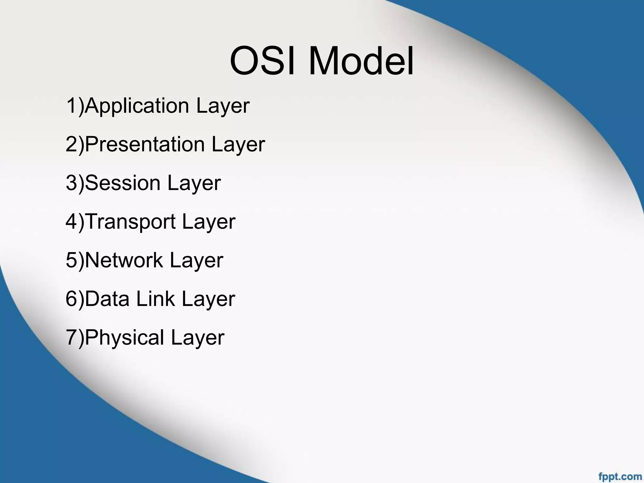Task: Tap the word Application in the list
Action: [x=137, y=106]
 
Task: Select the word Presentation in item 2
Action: [x=145, y=145]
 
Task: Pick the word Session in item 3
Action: [x=123, y=183]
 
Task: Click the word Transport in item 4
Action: [x=130, y=222]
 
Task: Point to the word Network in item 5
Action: [x=124, y=260]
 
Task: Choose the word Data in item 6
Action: [x=107, y=299]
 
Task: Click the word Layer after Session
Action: [x=194, y=184]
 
